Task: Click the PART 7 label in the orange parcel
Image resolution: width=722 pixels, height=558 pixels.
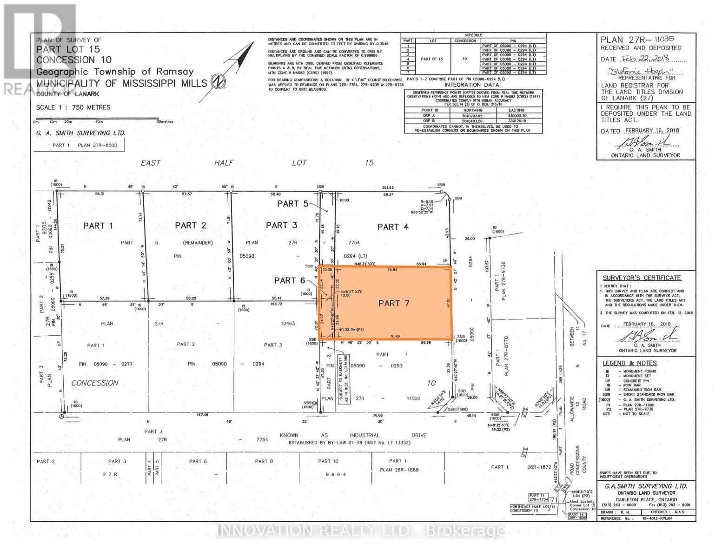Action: click(393, 303)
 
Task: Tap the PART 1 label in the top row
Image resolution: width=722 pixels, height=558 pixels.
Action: click(98, 226)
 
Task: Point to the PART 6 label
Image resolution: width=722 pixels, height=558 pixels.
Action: click(289, 280)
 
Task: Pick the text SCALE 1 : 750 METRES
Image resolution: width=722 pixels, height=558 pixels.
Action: click(73, 107)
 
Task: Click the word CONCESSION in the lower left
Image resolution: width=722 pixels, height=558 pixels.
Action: click(95, 383)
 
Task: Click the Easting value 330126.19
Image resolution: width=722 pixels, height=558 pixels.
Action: click(517, 121)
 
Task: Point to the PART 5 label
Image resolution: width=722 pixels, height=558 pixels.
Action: click(292, 204)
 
